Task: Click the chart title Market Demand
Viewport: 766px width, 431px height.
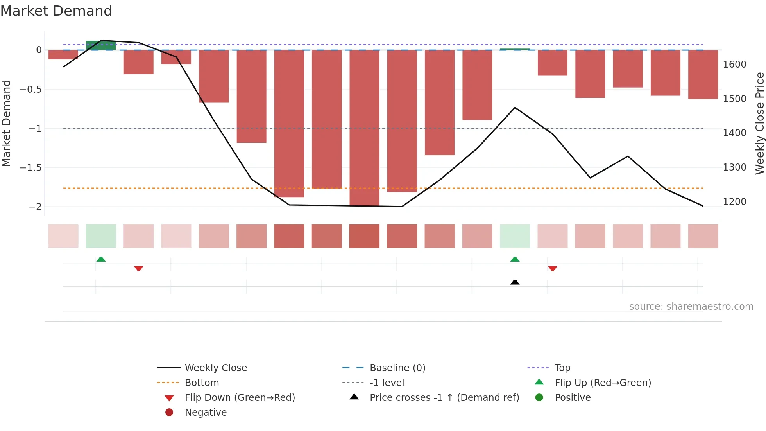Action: [56, 11]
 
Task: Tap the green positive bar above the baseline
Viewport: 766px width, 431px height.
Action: [101, 45]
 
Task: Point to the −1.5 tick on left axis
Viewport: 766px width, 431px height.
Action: [31, 167]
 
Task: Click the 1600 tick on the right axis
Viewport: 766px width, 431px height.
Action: [734, 64]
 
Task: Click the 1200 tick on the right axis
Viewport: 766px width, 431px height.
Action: [734, 201]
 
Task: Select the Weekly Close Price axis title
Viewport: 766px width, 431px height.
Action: [759, 123]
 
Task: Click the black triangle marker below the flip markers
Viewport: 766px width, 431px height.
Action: [515, 282]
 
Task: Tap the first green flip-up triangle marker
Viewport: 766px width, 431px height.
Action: [101, 259]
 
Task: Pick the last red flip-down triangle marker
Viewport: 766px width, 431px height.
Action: [552, 268]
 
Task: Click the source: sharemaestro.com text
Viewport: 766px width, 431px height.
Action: [691, 306]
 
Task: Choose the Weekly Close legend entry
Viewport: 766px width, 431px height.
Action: [216, 368]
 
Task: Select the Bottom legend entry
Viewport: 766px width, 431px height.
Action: [202, 383]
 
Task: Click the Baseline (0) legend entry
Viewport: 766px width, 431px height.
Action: [397, 368]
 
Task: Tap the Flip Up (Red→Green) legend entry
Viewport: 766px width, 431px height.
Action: [603, 383]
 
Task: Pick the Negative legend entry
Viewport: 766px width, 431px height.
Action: [206, 412]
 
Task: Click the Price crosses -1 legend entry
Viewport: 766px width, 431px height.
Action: [444, 397]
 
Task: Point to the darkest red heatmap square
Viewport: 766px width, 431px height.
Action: [364, 236]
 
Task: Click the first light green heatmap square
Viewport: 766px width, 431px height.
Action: [101, 236]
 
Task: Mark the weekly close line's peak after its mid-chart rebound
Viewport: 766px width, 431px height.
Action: [515, 108]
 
